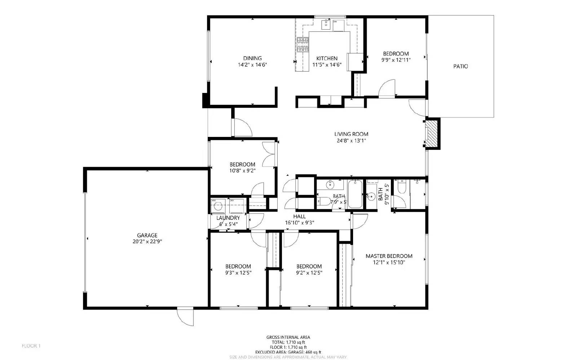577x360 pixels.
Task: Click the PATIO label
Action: click(x=461, y=66)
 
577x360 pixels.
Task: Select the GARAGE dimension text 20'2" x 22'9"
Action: click(x=147, y=242)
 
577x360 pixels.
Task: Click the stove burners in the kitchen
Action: click(x=303, y=45)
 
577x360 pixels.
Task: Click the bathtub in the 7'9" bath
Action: click(x=355, y=195)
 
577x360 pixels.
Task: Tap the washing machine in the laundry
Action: click(x=218, y=206)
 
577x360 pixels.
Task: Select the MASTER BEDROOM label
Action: click(x=389, y=256)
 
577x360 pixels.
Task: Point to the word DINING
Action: click(x=252, y=58)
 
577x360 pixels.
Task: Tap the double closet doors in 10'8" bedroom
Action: click(x=268, y=154)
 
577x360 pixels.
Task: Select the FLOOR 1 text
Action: click(x=31, y=346)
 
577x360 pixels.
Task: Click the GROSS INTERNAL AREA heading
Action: click(x=288, y=337)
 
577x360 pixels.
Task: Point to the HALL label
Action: click(x=299, y=216)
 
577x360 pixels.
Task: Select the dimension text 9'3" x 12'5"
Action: click(x=238, y=273)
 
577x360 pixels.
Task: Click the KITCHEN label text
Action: click(x=327, y=58)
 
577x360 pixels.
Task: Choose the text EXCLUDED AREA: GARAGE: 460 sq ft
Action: click(x=288, y=352)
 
